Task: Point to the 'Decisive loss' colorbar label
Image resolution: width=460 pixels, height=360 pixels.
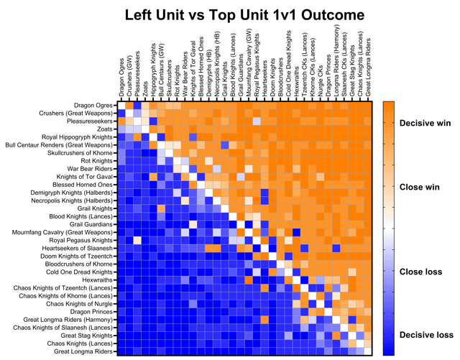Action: (427, 335)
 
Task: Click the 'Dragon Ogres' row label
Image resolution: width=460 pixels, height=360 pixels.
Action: (93, 106)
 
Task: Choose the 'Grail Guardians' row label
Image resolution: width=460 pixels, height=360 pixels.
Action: (90, 224)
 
